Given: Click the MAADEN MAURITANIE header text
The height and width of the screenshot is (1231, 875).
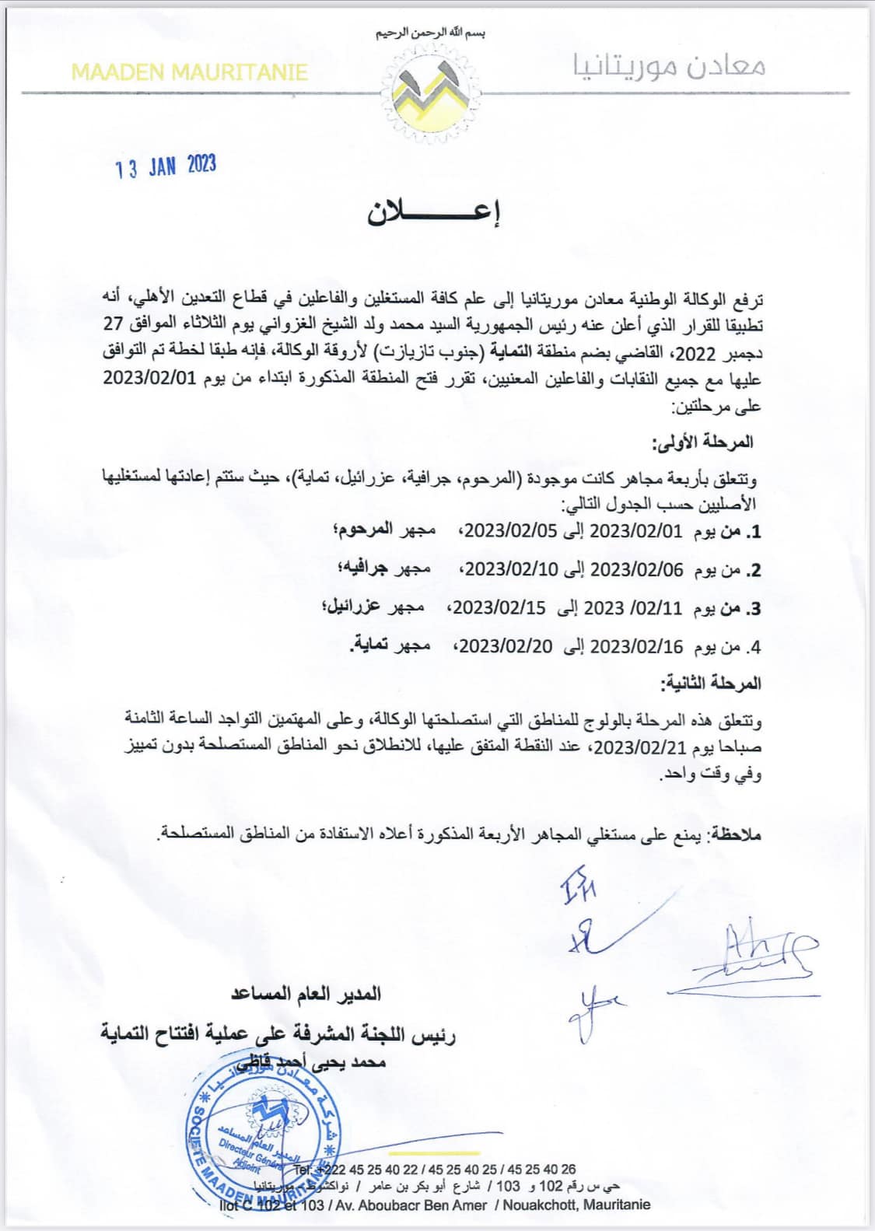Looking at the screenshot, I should (x=190, y=72).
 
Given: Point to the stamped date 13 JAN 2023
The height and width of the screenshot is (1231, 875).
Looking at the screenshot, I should (x=166, y=166).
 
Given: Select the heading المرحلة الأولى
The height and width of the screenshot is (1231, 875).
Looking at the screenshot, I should (x=703, y=442).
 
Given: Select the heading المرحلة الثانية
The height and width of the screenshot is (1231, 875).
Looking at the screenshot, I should (x=710, y=684).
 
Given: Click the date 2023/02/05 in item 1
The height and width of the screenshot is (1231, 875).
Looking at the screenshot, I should (x=512, y=531).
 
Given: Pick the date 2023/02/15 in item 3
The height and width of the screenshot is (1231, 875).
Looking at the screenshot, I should (x=499, y=607).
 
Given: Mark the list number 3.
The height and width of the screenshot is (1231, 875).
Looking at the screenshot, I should (x=754, y=608).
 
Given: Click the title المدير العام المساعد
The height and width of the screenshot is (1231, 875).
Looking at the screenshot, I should (x=306, y=994).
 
